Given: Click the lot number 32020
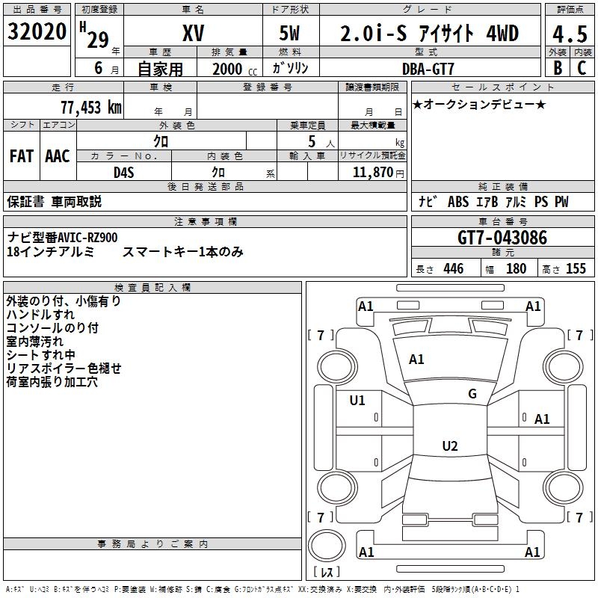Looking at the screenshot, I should (x=37, y=32).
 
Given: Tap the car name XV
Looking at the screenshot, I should (x=193, y=34).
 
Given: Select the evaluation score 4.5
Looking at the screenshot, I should (x=568, y=34).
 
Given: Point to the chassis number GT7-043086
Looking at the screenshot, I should (x=502, y=238).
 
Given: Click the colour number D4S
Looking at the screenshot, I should (x=124, y=172).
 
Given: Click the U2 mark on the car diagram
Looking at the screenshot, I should (x=449, y=446).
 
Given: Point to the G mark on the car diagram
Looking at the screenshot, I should (x=472, y=394).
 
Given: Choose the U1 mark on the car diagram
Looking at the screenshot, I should (x=357, y=401).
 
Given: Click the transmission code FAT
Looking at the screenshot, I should (x=22, y=156).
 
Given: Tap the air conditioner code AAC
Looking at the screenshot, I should (x=58, y=156).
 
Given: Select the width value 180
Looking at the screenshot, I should (x=516, y=268).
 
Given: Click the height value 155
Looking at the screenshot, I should (x=576, y=268).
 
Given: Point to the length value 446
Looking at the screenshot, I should (x=453, y=268).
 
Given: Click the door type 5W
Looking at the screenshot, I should (x=291, y=34).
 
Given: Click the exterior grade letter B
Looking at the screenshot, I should (x=557, y=68).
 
